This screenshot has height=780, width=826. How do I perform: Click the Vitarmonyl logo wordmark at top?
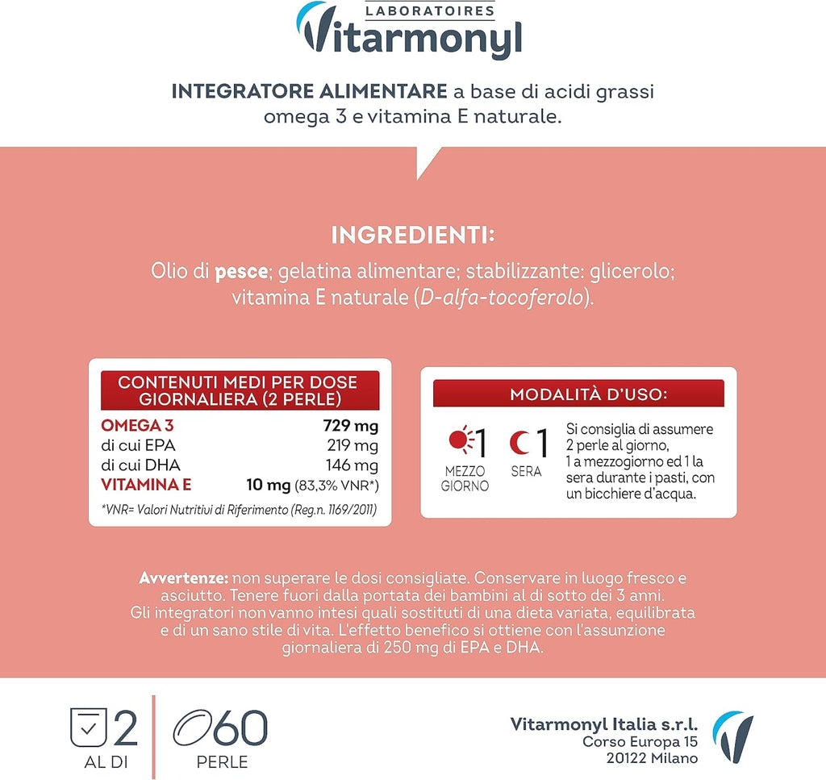[411, 38]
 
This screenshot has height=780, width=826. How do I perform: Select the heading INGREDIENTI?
[412, 236]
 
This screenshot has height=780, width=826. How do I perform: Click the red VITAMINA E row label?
[146, 485]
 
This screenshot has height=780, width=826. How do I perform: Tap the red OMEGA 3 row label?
[137, 426]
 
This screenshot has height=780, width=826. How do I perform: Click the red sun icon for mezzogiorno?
[460, 441]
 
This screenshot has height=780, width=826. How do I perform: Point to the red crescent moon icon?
[518, 442]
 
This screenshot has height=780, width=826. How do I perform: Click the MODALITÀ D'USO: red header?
[578, 394]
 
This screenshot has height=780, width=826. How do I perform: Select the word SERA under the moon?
[526, 471]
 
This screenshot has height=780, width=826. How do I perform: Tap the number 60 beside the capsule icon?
[240, 728]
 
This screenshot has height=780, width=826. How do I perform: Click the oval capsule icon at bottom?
[192, 728]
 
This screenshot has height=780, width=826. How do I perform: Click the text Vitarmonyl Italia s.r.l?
[604, 724]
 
